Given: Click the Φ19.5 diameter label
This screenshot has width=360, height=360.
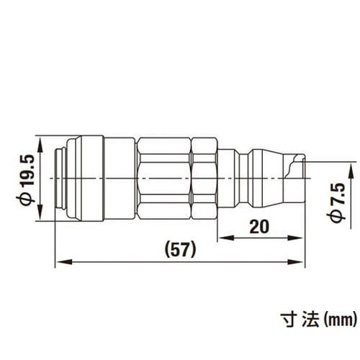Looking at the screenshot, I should click(x=27, y=178).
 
